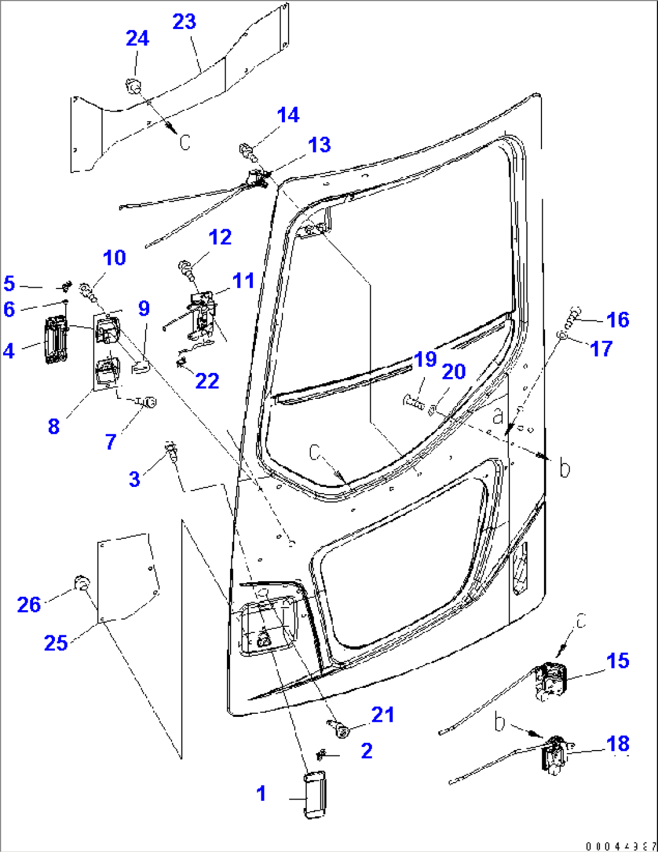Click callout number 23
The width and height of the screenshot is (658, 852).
click(184, 22)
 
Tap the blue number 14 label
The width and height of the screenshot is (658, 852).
click(289, 115)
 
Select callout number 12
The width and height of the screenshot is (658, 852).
click(220, 237)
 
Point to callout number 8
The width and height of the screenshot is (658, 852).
click(54, 426)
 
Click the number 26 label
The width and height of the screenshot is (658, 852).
click(29, 605)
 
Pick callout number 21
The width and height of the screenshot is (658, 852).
click(383, 714)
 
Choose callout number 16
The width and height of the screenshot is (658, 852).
click(618, 319)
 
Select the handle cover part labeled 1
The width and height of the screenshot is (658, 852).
click(313, 795)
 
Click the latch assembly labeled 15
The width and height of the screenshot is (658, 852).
click(551, 681)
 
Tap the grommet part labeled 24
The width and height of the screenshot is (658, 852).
click(133, 86)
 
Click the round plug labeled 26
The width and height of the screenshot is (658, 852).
click(81, 583)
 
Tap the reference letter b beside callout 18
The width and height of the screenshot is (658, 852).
click(499, 722)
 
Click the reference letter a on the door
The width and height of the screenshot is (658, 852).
click(498, 416)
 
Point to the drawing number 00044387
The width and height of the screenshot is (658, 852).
click(621, 846)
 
